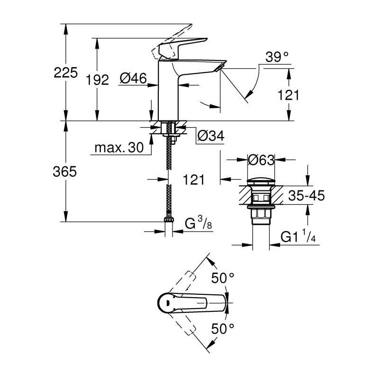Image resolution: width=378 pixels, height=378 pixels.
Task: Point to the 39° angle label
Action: [x=277, y=58]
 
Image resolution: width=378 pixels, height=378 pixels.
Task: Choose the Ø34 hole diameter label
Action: [x=210, y=137]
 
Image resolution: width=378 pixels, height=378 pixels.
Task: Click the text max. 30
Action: [x=118, y=148]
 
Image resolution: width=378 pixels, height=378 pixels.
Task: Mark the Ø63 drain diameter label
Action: [x=261, y=160]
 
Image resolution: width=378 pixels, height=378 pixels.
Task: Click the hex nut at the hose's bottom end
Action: [x=169, y=220]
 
